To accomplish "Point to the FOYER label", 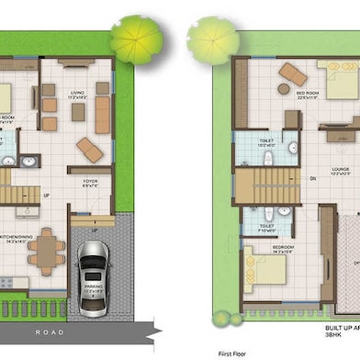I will click(x=89, y=182).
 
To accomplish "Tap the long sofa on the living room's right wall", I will click(x=102, y=115).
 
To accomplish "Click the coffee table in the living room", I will click(x=78, y=112).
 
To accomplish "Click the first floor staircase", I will click(x=258, y=186).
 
